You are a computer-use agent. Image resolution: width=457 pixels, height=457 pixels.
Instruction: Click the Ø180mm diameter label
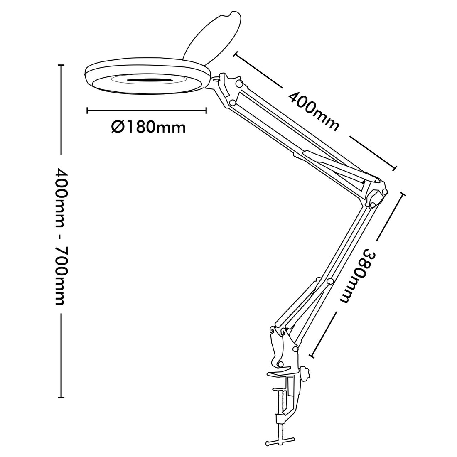[148, 126]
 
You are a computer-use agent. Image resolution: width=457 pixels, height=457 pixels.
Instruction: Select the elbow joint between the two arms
[376, 195]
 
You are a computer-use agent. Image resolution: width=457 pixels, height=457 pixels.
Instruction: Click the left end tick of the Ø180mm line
[88, 111]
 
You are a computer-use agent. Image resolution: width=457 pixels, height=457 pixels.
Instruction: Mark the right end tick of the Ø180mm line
[206, 111]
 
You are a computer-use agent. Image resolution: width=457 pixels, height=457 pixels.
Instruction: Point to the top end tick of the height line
[61, 65]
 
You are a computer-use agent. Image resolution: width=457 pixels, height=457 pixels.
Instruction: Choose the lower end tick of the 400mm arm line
[395, 168]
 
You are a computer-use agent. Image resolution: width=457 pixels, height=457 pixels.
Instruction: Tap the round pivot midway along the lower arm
[330, 281]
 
